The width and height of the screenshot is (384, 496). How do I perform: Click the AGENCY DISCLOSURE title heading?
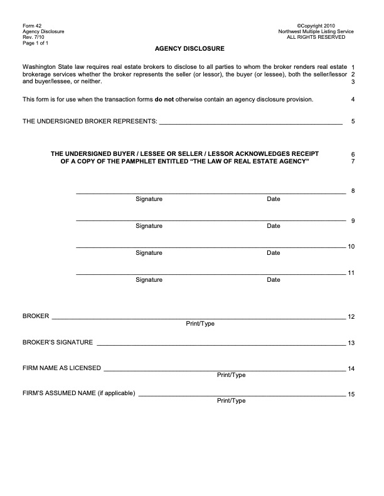pos(189,48)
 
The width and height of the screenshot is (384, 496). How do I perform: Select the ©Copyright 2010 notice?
pos(315,26)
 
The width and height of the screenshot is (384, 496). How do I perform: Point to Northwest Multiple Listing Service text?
pos(316,31)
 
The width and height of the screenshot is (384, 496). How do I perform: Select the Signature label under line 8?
pos(149,199)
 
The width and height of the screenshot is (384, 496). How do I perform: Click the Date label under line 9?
pos(274,226)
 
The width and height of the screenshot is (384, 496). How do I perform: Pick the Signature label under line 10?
pos(149,253)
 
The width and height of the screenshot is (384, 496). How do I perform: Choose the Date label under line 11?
pos(274,280)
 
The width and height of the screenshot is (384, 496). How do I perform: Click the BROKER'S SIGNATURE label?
pos(58,343)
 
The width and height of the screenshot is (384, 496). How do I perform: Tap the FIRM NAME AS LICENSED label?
pos(61,368)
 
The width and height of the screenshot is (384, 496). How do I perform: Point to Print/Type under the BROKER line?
pos(200,324)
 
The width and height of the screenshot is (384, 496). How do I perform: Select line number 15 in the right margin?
pos(351,395)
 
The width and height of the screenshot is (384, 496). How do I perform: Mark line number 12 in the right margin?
pos(351,318)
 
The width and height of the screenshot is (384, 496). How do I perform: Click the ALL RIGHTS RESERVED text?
pos(316,37)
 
